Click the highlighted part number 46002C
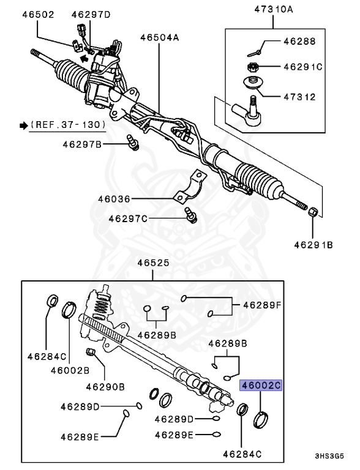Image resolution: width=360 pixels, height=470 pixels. (260, 386)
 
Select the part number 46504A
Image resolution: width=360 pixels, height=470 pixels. (159, 38)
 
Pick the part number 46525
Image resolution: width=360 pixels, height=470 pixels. (152, 264)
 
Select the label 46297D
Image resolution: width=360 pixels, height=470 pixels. (91, 13)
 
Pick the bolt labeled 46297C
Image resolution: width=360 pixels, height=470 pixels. (190, 215)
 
